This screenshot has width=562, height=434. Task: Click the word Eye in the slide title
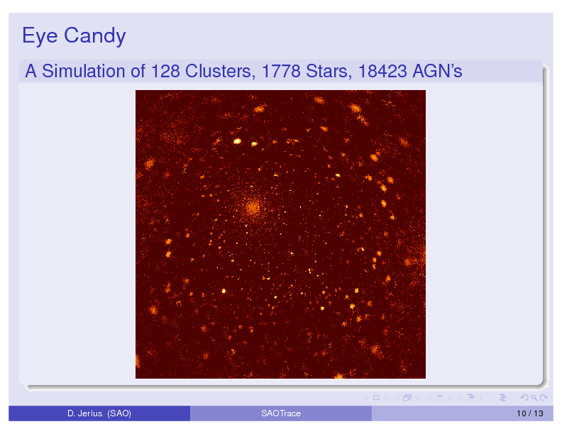40,36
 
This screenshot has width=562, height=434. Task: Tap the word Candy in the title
95,36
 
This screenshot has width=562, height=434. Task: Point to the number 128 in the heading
165,71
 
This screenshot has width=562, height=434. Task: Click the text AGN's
437,71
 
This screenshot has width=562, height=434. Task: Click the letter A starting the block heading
31,71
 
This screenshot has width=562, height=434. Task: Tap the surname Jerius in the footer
89,413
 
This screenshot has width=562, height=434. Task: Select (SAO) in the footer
119,413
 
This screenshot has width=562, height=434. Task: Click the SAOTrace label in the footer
281,413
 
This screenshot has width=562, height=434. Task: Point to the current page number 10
521,413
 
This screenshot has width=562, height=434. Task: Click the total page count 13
539,413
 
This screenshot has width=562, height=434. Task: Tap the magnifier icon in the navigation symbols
534,397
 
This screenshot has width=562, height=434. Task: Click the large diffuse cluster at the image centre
253,208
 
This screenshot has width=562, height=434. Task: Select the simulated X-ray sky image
280,234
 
